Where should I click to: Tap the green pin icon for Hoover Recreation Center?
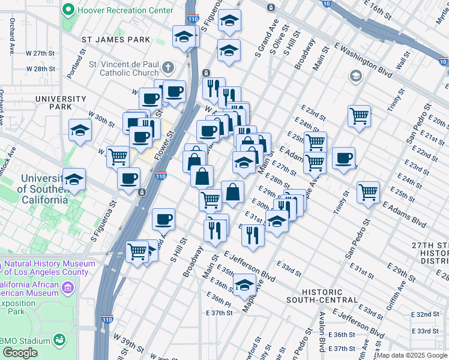pos(68,10)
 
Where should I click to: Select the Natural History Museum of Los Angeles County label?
pos(48,268)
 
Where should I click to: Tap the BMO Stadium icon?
pos(60,341)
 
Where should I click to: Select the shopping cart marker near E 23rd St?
pos(359,116)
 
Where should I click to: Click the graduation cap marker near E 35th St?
pos(244,285)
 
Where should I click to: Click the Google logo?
pos(20,352)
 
